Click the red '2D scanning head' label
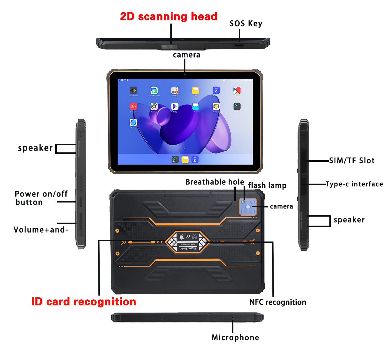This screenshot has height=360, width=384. [169, 16]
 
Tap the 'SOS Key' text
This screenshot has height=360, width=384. [246, 24]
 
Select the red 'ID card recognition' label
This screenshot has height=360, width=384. [84, 301]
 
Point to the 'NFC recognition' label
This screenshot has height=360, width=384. [278, 302]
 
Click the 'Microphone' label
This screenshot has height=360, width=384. [235, 337]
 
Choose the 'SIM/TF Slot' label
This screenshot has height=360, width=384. [352, 161]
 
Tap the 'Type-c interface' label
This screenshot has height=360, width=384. [354, 184]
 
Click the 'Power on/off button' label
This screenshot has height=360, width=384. [41, 198]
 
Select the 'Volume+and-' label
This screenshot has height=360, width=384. [41, 230]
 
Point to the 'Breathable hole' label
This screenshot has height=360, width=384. [214, 182]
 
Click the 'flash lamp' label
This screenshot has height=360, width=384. [267, 185]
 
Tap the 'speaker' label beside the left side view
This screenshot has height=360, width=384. [35, 148]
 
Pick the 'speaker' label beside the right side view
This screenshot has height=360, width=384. [349, 220]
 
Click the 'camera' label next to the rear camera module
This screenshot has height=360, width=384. [281, 206]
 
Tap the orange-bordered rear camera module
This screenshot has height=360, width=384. [248, 207]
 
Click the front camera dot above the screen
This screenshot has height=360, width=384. [185, 74]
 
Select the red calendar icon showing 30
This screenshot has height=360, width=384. [133, 106]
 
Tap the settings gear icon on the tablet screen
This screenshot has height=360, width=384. [154, 106]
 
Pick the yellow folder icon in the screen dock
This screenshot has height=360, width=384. [185, 159]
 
